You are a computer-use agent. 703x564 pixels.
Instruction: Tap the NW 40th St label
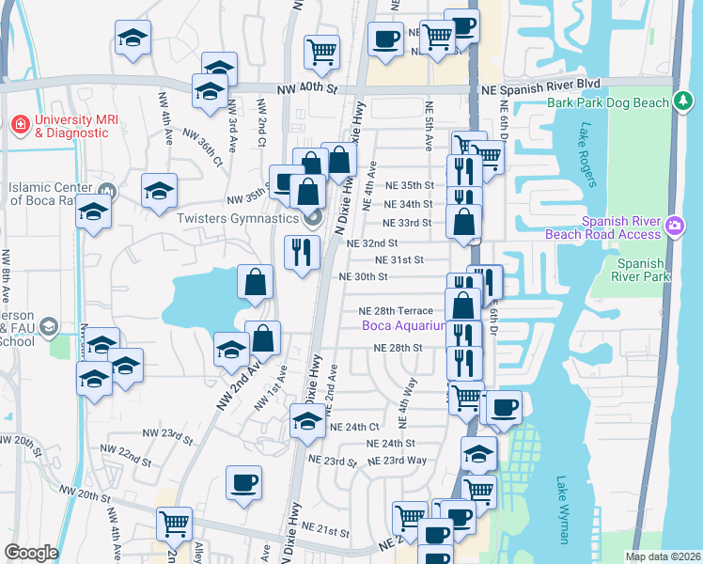pos(306,90)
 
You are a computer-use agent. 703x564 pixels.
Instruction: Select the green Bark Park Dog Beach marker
pos(683,101)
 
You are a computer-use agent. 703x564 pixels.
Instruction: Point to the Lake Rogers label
pos(589,154)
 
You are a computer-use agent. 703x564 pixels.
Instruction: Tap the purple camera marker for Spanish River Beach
pos(675,226)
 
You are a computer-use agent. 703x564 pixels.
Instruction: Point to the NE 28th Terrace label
pos(396,311)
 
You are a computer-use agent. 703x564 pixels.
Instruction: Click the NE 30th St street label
pos(365,276)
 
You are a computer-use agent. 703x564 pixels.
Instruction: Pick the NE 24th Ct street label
pos(353,426)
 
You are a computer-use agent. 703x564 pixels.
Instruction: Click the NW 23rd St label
pos(167,436)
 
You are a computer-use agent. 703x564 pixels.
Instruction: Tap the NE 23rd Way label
pos(398,461)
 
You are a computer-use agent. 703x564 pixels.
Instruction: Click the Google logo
pos(31,553)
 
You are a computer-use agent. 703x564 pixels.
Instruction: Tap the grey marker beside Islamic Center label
pos(106,193)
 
